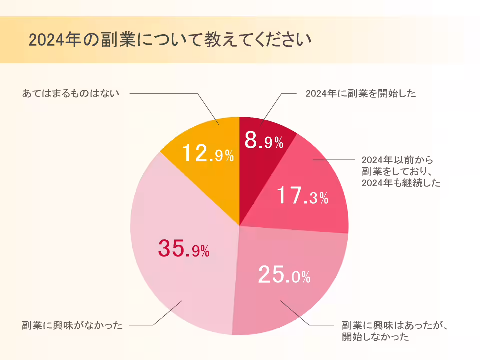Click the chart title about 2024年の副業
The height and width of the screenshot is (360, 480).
pyautogui.click(x=170, y=40)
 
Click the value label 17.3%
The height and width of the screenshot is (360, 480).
pyautogui.click(x=302, y=197)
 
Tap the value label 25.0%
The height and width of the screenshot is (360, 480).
pyautogui.click(x=284, y=274)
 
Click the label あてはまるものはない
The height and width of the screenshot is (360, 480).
pyautogui.click(x=71, y=93)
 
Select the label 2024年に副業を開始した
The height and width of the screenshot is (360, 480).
pyautogui.click(x=361, y=93)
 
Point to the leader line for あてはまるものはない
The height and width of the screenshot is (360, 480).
pyautogui.click(x=165, y=93)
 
